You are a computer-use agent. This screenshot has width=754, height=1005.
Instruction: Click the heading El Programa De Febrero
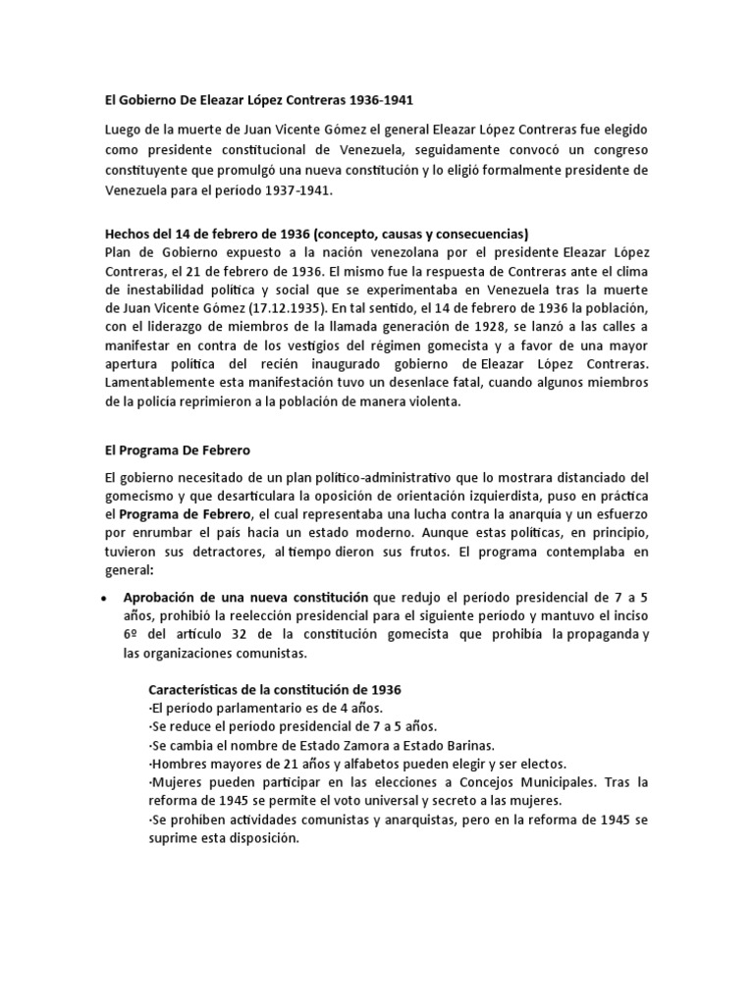click(x=178, y=450)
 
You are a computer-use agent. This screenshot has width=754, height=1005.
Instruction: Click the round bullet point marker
click(x=105, y=598)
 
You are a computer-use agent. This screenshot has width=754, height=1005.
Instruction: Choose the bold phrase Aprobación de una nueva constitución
click(x=245, y=597)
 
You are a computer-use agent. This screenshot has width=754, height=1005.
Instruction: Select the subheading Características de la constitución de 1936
click(x=274, y=689)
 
